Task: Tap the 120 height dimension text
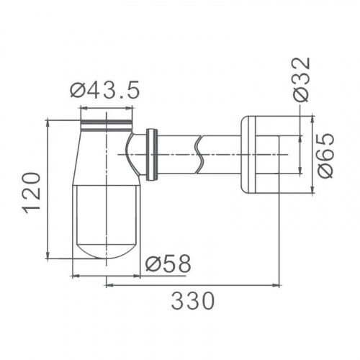tap(31, 193)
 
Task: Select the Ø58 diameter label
tap(168, 264)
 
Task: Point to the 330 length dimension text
tap(193, 301)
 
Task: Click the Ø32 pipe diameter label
tap(302, 80)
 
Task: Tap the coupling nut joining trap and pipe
tap(152, 155)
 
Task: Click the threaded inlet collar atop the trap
tap(107, 125)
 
